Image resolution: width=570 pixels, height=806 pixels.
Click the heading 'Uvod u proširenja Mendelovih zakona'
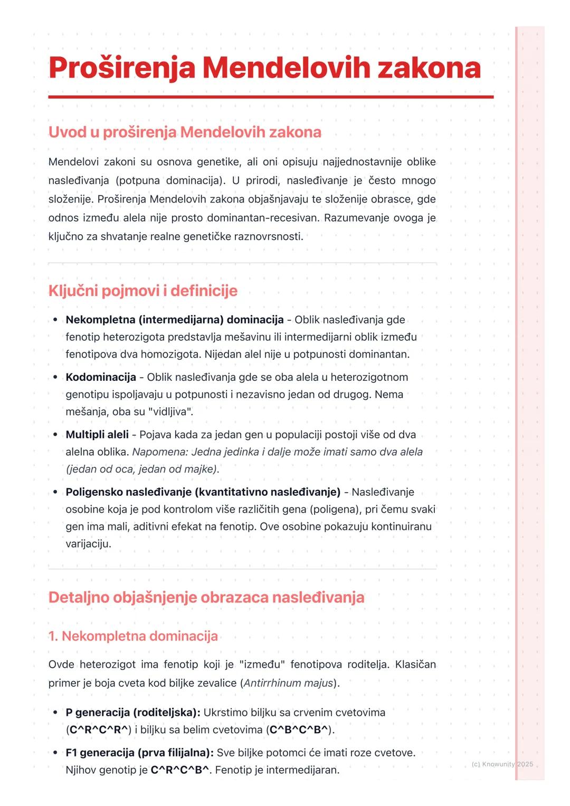pyautogui.click(x=185, y=132)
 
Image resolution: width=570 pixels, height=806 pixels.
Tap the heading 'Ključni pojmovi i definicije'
pyautogui.click(x=143, y=291)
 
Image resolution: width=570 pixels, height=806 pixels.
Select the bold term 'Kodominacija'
pyautogui.click(x=101, y=377)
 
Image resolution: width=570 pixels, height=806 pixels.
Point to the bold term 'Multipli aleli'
pyautogui.click(x=97, y=435)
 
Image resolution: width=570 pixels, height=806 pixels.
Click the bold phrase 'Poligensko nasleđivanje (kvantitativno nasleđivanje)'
pyautogui.click(x=203, y=492)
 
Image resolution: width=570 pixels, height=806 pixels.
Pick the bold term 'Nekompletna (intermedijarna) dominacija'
pyautogui.click(x=174, y=320)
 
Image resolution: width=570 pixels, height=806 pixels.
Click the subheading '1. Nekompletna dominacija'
pyautogui.click(x=133, y=636)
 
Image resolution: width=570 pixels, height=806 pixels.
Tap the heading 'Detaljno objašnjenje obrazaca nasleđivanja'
pyautogui.click(x=206, y=598)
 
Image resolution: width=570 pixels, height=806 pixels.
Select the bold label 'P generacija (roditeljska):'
pyautogui.click(x=132, y=713)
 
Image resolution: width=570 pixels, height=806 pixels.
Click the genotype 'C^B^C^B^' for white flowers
pyautogui.click(x=300, y=730)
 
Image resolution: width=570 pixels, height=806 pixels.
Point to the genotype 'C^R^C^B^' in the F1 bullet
pyautogui.click(x=179, y=770)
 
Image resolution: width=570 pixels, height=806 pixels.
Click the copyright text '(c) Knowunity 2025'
pyautogui.click(x=502, y=764)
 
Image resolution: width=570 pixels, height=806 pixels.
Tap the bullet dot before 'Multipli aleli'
pyautogui.click(x=55, y=435)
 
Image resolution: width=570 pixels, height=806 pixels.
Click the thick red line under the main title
pyautogui.click(x=271, y=97)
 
